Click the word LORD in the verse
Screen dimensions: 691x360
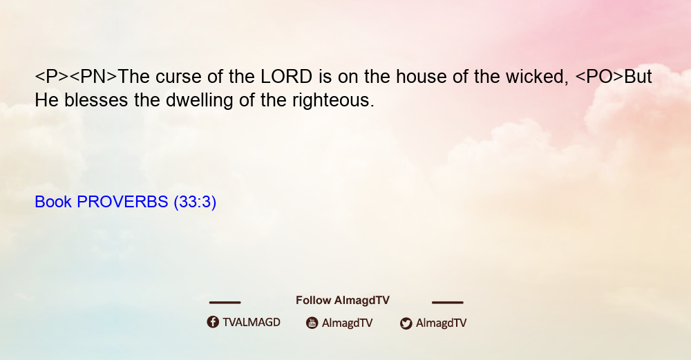click(287, 77)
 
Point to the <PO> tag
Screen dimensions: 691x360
click(600, 77)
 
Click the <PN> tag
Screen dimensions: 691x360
click(93, 77)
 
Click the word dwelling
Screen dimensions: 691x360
click(200, 101)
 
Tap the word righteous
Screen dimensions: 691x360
click(333, 101)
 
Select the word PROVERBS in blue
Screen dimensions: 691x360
click(122, 202)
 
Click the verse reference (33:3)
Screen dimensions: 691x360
click(195, 202)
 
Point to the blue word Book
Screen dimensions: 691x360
click(53, 202)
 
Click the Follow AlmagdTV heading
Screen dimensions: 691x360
click(343, 301)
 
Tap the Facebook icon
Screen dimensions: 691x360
click(213, 322)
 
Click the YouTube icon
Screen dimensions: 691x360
click(312, 323)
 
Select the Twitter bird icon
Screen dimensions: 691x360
click(406, 323)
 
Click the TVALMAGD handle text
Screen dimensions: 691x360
click(252, 322)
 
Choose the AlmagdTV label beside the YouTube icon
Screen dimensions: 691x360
click(348, 323)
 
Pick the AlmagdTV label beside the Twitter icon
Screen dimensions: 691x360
click(441, 323)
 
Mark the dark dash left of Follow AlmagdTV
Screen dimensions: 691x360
click(225, 303)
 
